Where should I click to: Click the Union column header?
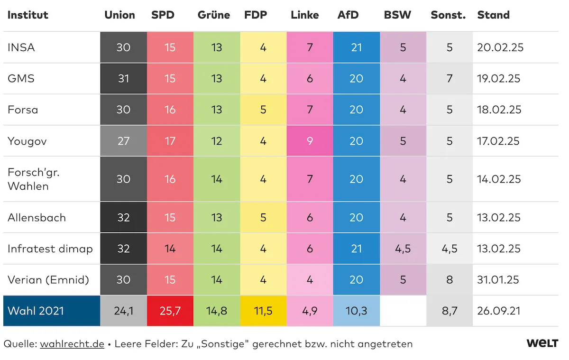pyautogui.click(x=119, y=15)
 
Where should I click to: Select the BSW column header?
pyautogui.click(x=397, y=15)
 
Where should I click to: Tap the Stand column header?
pyautogui.click(x=493, y=15)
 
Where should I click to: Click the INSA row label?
pyautogui.click(x=21, y=47)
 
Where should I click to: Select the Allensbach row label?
pyautogui.click(x=37, y=218)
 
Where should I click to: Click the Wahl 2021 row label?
pyautogui.click(x=36, y=311)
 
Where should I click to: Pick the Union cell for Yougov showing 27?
pyautogui.click(x=123, y=141)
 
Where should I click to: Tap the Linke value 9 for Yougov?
pyautogui.click(x=310, y=141)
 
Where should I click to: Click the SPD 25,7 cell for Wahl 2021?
pyautogui.click(x=170, y=311)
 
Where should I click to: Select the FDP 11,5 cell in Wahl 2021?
pyautogui.click(x=263, y=311)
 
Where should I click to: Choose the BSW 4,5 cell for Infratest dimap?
pyautogui.click(x=403, y=249)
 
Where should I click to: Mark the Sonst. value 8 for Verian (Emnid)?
pyautogui.click(x=449, y=280)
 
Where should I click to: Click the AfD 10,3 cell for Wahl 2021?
pyautogui.click(x=356, y=311)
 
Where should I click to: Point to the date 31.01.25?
pyautogui.click(x=498, y=280)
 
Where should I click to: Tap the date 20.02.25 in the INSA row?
pyautogui.click(x=500, y=47)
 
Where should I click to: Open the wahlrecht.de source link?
pyautogui.click(x=72, y=344)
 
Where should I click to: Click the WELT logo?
pyautogui.click(x=542, y=343)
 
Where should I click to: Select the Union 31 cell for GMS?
pyautogui.click(x=123, y=78)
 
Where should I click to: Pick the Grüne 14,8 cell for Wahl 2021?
pyautogui.click(x=217, y=311)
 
